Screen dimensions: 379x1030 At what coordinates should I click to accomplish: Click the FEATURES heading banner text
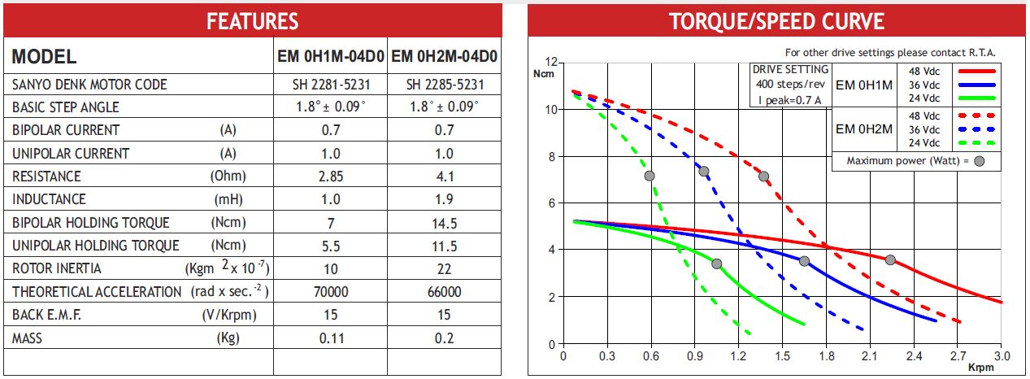point(252,21)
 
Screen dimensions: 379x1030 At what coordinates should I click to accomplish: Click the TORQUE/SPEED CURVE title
point(776,21)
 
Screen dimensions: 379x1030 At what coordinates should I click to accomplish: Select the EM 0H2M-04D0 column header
point(444,57)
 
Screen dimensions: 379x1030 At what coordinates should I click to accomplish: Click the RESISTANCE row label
point(46,176)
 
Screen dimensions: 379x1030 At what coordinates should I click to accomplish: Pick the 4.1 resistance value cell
point(445,176)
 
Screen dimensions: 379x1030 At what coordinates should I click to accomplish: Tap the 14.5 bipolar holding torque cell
point(445,222)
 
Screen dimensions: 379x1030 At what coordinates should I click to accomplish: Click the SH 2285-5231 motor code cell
point(445,85)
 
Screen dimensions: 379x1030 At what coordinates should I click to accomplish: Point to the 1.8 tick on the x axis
point(827,356)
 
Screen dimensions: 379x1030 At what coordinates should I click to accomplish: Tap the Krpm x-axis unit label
point(981,368)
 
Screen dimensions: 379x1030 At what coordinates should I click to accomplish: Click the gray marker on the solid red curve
point(890,260)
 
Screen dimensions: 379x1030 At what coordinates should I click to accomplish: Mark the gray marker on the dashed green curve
point(649,176)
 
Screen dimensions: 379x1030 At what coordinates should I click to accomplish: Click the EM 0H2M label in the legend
point(864,129)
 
